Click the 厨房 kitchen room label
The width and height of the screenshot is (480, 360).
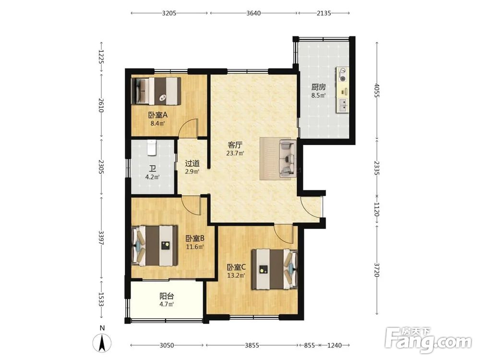[x=318, y=87]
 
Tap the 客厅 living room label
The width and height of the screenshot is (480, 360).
[x=235, y=145]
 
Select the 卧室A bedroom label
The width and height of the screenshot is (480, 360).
[x=158, y=115]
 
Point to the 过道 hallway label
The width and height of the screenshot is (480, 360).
[x=192, y=164]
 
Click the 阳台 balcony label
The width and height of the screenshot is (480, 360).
[x=167, y=296]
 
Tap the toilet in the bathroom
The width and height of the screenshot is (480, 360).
[x=152, y=147]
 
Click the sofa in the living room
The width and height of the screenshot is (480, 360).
[x=288, y=158]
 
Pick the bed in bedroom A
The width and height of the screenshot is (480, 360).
[x=156, y=91]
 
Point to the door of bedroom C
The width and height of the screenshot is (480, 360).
[x=284, y=233]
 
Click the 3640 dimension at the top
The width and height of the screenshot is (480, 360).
[x=253, y=13]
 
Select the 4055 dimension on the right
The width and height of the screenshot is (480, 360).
[x=377, y=90]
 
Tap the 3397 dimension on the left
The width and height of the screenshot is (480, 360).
[x=101, y=237]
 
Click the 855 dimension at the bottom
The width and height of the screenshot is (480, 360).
[x=309, y=345]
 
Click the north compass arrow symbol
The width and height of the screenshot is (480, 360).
[x=102, y=343]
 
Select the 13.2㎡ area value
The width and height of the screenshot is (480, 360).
[x=236, y=275]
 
